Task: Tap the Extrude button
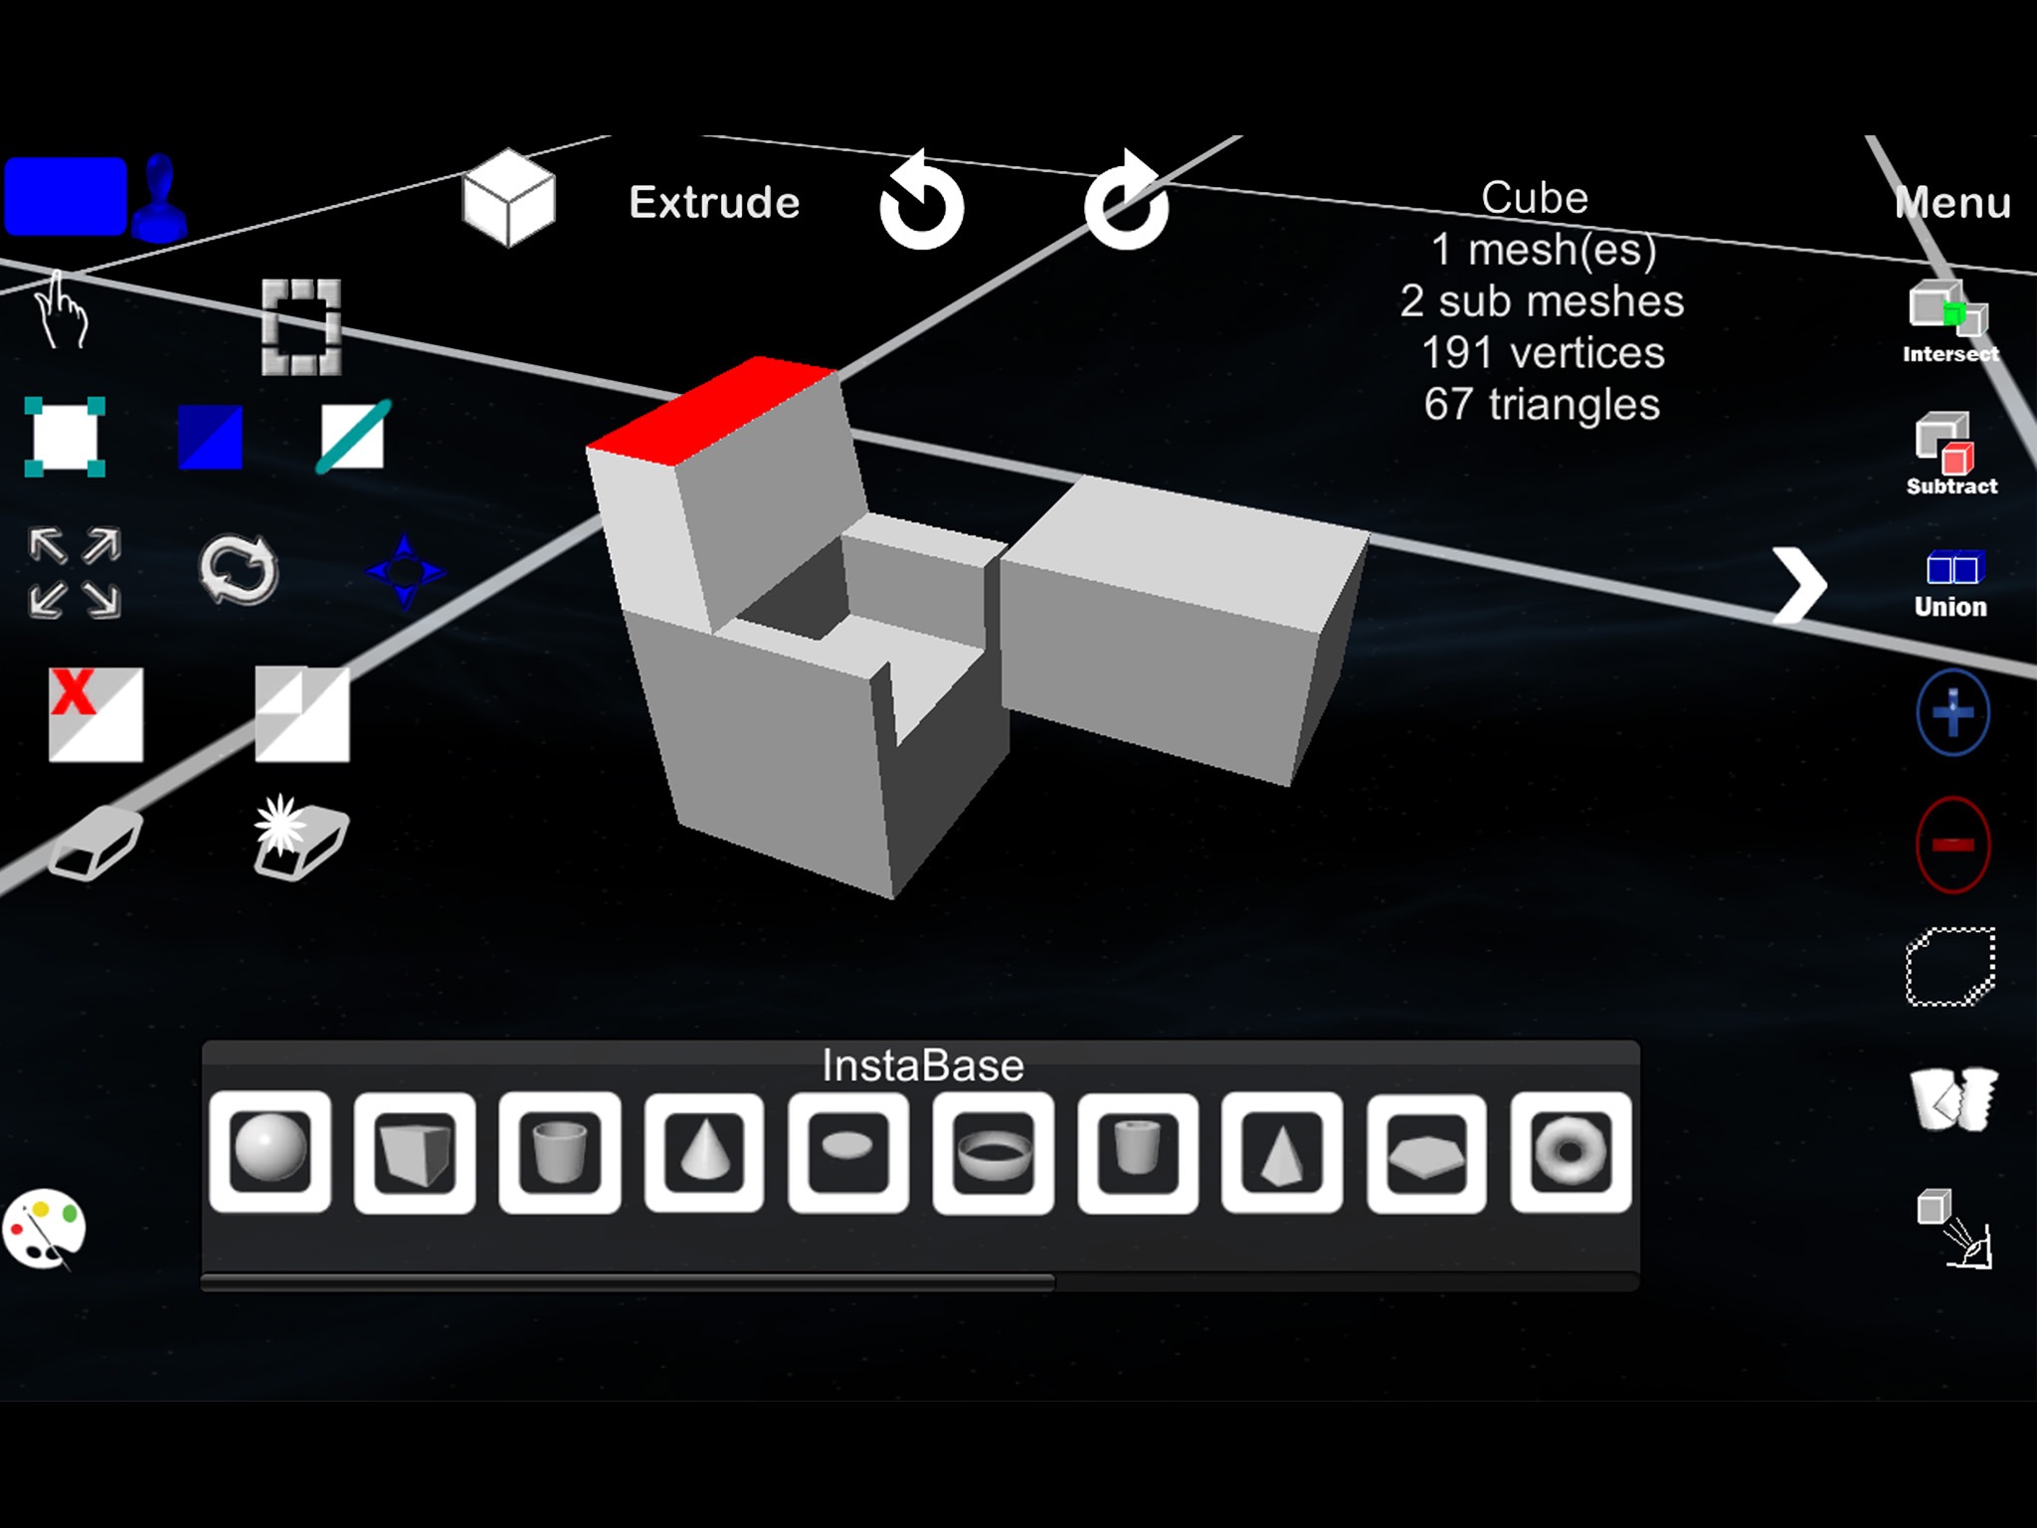(714, 203)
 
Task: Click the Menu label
(1952, 203)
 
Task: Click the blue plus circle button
(1952, 712)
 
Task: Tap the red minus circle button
(1952, 845)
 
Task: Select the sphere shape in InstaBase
(270, 1151)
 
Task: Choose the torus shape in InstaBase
(1571, 1151)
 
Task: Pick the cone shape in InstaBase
(704, 1151)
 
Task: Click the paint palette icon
(45, 1230)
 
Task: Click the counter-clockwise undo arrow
(921, 203)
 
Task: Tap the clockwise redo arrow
(1126, 203)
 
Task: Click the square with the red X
(95, 713)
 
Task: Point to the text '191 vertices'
(1542, 353)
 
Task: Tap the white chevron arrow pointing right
(1800, 585)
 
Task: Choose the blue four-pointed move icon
(404, 572)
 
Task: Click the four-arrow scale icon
(76, 573)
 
